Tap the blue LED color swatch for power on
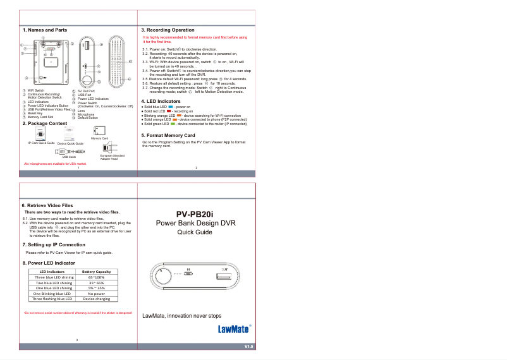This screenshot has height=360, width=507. point(162,107)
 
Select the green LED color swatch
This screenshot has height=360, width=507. point(173,124)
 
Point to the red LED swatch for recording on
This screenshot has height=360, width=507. point(161,112)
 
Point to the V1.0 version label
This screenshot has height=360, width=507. point(248,347)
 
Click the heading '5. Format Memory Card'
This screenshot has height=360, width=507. point(168,135)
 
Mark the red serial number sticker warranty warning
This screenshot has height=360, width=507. point(77,313)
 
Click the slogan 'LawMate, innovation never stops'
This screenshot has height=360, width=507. point(182,315)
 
